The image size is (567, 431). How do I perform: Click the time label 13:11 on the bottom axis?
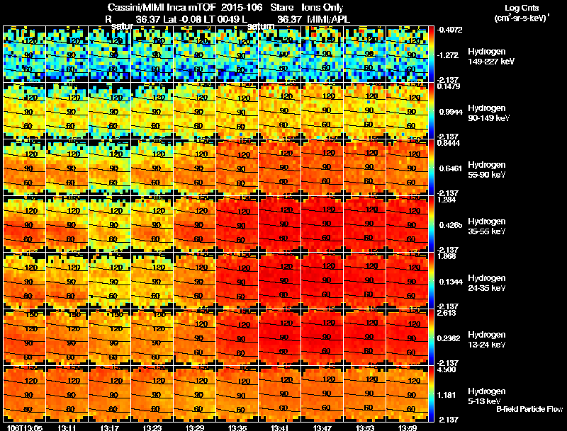pyautogui.click(x=67, y=427)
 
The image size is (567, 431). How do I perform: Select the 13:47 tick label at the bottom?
pyautogui.click(x=322, y=427)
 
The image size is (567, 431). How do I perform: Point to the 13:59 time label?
pyautogui.click(x=408, y=427)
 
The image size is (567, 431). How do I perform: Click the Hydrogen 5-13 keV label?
pyautogui.click(x=486, y=396)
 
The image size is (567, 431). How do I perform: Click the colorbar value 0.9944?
pyautogui.click(x=451, y=112)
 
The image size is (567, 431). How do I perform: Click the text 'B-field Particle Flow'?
pyautogui.click(x=529, y=410)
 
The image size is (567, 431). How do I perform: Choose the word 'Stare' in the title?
pyautogui.click(x=282, y=7)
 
